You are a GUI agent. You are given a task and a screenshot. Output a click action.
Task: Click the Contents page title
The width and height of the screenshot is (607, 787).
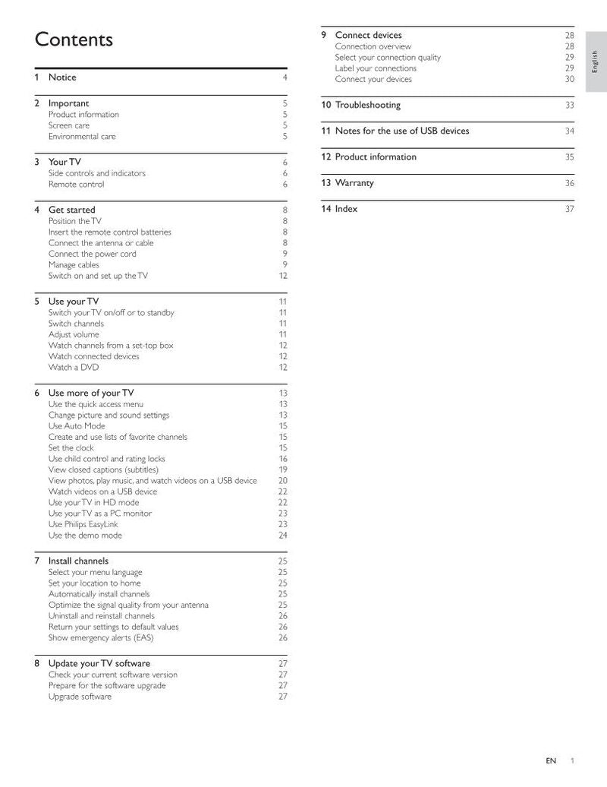[x=74, y=40]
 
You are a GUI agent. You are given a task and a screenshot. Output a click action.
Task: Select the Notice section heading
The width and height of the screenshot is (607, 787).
[x=62, y=77]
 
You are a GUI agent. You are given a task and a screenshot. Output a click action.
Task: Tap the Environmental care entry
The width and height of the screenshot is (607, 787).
[x=82, y=137]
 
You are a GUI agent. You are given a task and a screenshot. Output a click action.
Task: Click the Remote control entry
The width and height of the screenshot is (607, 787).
[x=76, y=185]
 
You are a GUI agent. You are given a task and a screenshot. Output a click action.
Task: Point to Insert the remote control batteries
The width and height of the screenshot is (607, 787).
[x=110, y=232]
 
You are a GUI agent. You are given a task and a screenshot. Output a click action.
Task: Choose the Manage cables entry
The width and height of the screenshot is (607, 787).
[x=74, y=265]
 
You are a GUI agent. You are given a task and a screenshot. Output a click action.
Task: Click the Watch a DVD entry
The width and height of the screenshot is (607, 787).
[x=74, y=368]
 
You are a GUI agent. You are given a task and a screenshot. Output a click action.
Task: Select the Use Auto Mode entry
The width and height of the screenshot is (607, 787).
[x=77, y=426]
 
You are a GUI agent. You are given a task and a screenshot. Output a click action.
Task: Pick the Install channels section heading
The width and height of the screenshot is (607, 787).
[x=78, y=561]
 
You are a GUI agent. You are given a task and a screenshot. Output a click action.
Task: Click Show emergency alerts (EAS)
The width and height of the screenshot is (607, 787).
[x=101, y=638]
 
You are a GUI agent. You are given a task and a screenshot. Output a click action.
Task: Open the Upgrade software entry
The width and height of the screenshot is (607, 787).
[x=80, y=697]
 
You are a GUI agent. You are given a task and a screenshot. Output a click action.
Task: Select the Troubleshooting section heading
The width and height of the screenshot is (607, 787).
[x=368, y=105]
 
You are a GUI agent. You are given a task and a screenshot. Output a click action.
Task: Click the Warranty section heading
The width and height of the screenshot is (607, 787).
[x=354, y=183]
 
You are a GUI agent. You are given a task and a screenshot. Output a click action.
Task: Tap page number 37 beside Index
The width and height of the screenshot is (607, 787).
[x=569, y=210]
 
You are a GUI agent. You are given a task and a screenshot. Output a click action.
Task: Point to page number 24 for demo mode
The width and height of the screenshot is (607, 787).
[x=282, y=536]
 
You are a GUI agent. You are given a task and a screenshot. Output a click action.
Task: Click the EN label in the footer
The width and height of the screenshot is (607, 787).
[x=551, y=760]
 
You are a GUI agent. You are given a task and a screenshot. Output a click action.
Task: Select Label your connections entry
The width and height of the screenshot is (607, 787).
[x=376, y=68]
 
